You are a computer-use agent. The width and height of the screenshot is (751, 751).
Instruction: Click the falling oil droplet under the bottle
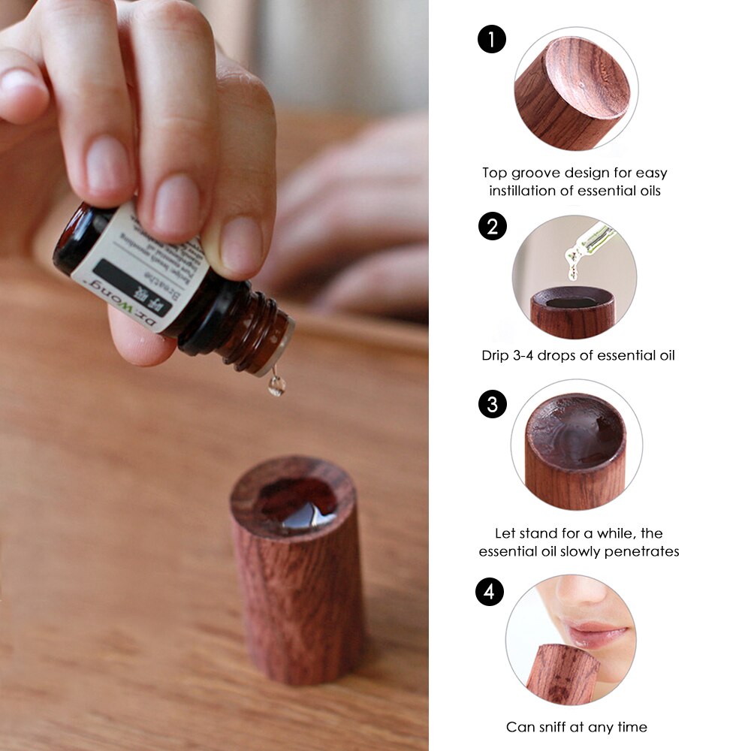277,386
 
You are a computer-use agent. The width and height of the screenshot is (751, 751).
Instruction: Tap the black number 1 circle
492,39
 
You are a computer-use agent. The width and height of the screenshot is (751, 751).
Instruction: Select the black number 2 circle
492,226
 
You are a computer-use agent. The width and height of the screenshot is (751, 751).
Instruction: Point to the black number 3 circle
492,405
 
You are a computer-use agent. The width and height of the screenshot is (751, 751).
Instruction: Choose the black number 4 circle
490,592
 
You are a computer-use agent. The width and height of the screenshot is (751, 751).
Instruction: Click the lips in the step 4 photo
597,632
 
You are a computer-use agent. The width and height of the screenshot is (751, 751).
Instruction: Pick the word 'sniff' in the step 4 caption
556,726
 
